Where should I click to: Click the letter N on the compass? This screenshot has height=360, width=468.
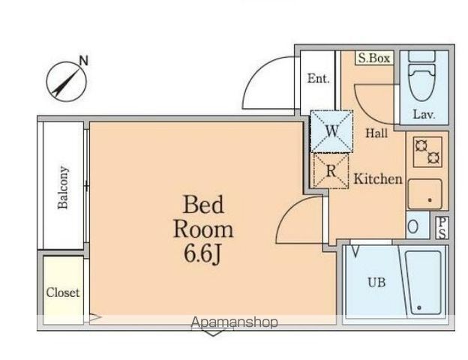tap(84, 61)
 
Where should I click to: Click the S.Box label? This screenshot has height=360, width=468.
tap(374, 58)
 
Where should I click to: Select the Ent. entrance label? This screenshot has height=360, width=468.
tap(318, 79)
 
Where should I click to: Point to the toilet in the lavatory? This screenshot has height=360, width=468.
tap(421, 76)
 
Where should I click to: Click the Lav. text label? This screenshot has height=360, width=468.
tap(424, 114)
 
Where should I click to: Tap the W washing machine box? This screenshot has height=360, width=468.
tap(331, 131)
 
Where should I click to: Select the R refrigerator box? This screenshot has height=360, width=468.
tap(331, 171)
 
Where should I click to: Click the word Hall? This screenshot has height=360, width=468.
tap(376, 133)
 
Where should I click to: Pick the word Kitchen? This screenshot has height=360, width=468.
tap(378, 178)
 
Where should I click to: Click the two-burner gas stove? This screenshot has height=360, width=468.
tap(427, 152)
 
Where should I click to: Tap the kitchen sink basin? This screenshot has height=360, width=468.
tap(425, 194)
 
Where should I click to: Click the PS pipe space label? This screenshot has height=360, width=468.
tap(442, 228)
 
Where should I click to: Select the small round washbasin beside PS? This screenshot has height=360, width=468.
tap(412, 226)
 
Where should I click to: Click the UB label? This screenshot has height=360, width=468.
tap(376, 282)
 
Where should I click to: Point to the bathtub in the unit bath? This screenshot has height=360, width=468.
tap(423, 283)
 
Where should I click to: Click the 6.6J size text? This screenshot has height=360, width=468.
tap(202, 255)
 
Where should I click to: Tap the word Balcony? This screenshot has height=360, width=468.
tap(63, 187)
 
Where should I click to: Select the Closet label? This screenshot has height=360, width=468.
tap(63, 292)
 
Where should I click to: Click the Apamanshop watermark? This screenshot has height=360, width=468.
tap(235, 322)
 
